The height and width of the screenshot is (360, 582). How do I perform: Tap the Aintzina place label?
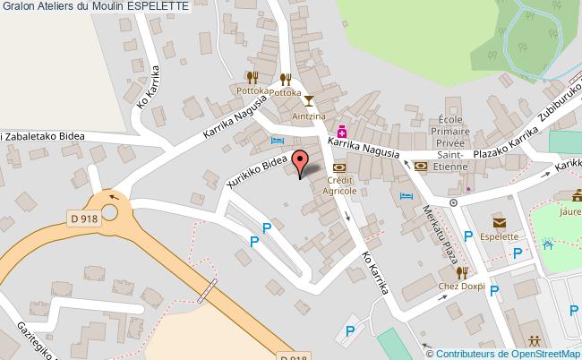(x=308, y=116)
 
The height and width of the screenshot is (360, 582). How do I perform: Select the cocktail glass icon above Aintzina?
(x=308, y=100)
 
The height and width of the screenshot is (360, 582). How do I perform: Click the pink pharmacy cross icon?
(x=342, y=131)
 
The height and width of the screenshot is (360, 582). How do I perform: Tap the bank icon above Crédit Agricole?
(x=338, y=167)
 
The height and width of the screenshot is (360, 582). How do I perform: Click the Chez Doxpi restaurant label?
(x=460, y=287)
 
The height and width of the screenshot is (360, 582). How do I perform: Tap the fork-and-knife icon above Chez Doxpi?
(x=462, y=271)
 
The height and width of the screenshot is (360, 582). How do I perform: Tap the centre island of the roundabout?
(x=110, y=212)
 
